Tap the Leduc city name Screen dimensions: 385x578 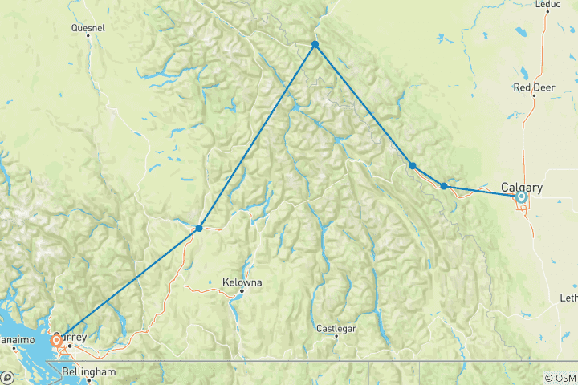coord(547,4)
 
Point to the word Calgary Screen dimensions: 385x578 coord(522,188)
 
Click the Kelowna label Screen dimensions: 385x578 coord(242,282)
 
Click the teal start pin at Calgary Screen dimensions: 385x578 coord(522,197)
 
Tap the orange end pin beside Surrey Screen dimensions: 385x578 coord(56,341)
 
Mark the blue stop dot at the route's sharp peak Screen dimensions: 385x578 coord(315,44)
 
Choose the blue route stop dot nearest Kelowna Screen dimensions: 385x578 coord(199,228)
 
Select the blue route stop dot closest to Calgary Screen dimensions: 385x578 coord(444,186)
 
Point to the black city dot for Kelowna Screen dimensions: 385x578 coord(242,290)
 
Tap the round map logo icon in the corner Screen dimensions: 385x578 coord(6,377)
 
